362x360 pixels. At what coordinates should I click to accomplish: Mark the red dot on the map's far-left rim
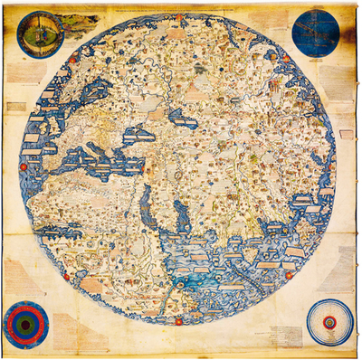pyautogui.click(x=23, y=167)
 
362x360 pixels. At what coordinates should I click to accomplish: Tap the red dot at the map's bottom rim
pyautogui.click(x=180, y=321)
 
